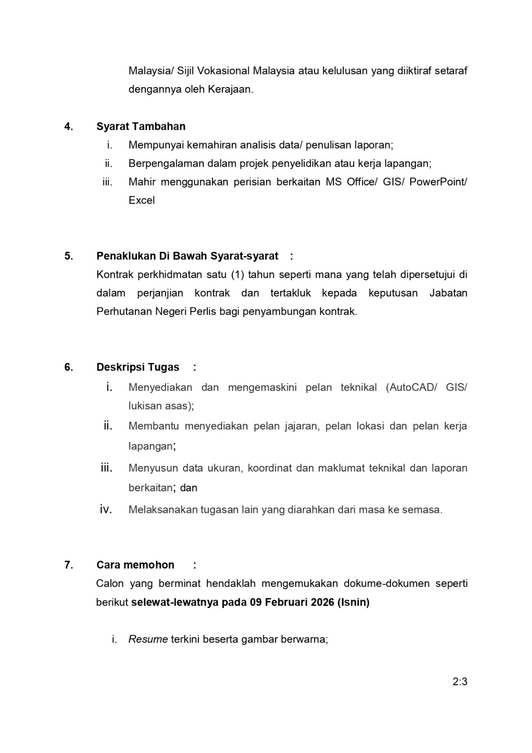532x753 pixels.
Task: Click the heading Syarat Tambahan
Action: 141,126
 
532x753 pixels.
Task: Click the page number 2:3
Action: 460,681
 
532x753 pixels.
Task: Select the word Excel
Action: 142,200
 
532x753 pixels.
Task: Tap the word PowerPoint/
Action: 438,182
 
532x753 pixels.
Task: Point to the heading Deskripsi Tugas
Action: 138,367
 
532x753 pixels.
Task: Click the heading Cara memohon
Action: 135,565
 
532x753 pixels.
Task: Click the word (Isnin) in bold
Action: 353,602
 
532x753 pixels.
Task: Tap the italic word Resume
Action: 148,639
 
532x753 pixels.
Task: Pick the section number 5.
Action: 69,256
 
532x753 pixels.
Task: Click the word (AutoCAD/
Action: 411,387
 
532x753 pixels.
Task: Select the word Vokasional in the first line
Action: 222,71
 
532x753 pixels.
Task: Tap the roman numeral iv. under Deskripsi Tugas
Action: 106,509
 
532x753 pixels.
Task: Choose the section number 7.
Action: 69,565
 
